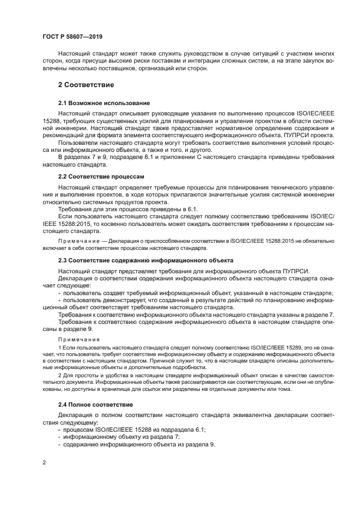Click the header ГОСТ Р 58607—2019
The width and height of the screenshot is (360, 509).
(x=72, y=37)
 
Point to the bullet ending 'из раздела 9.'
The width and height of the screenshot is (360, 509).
(x=139, y=444)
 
